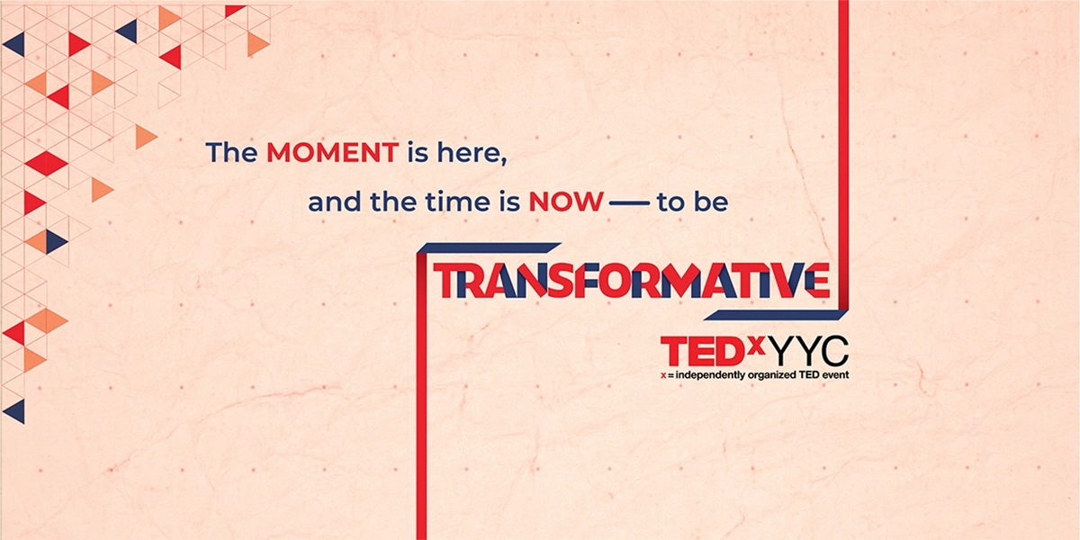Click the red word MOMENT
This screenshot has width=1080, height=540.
(332, 153)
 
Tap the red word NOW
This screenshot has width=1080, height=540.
(565, 202)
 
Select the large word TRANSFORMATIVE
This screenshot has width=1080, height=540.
(630, 281)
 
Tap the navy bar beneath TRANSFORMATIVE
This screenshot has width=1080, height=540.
(774, 315)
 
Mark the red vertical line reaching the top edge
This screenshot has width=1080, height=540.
(843, 135)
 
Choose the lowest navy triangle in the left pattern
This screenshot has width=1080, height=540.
(15, 411)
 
